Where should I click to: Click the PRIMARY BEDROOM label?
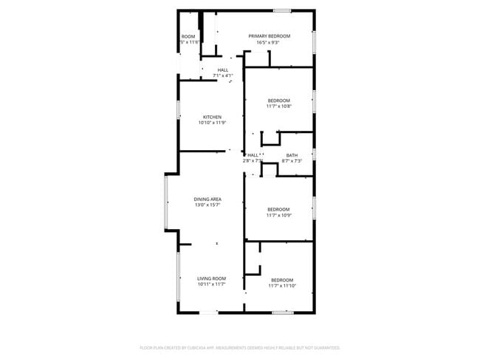(x=269, y=36)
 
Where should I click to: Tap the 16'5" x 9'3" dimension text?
(x=269, y=43)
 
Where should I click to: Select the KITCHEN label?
(x=213, y=117)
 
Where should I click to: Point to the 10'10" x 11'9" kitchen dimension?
(x=213, y=123)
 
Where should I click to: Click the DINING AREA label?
(x=208, y=200)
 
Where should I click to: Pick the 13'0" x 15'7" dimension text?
(x=208, y=206)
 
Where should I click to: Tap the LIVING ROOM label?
(x=211, y=278)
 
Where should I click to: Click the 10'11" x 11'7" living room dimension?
(x=211, y=285)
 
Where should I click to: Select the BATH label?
(x=292, y=155)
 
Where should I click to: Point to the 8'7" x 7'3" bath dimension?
(x=293, y=161)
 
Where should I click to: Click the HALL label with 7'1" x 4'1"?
(x=222, y=70)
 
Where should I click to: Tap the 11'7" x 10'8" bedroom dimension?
(x=279, y=106)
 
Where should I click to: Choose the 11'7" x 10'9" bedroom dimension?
(x=279, y=215)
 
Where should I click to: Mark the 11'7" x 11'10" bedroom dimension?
(x=281, y=286)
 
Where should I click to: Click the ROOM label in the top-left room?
(x=188, y=36)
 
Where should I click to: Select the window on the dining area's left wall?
(x=167, y=201)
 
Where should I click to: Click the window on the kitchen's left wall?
(x=179, y=109)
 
